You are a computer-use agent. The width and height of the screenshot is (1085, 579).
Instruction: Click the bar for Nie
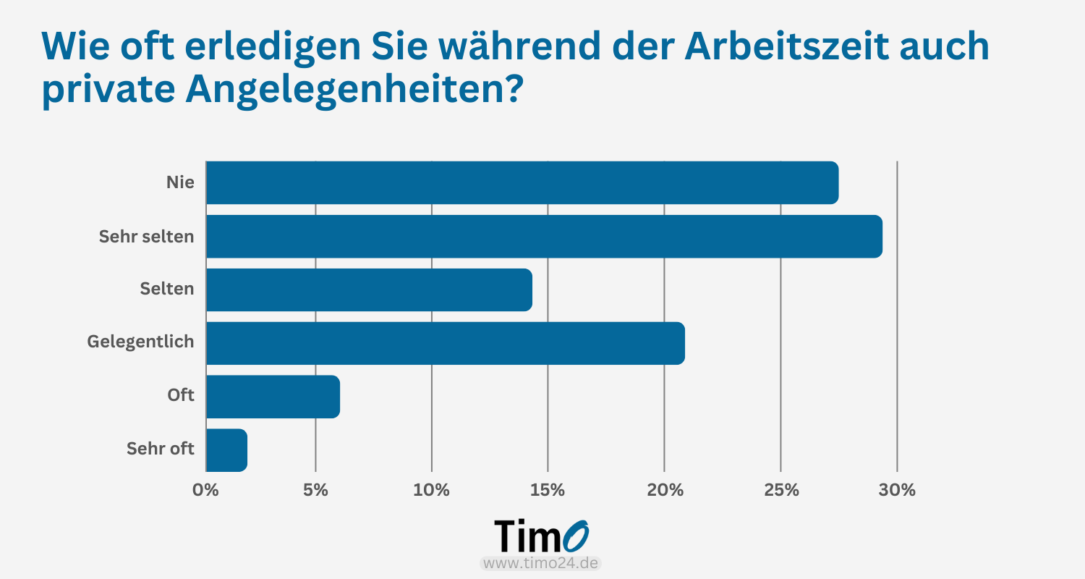pyautogui.click(x=522, y=182)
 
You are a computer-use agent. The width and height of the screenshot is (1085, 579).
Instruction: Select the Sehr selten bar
pyautogui.click(x=544, y=236)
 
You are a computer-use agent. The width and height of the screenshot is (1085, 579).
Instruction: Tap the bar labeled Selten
pyautogui.click(x=369, y=289)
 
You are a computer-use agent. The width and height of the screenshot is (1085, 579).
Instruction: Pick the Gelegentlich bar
pyautogui.click(x=445, y=343)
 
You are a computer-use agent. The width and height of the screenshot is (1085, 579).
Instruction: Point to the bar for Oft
pyautogui.click(x=273, y=397)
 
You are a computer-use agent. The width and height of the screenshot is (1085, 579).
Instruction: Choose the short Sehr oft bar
pyautogui.click(x=226, y=450)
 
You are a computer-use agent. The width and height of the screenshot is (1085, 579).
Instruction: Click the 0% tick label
pyautogui.click(x=205, y=490)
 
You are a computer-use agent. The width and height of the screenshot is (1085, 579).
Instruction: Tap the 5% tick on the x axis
pyautogui.click(x=315, y=490)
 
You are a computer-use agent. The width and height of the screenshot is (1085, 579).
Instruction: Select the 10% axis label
pyautogui.click(x=432, y=490)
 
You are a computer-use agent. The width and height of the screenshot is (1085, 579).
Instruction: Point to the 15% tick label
pyautogui.click(x=548, y=490)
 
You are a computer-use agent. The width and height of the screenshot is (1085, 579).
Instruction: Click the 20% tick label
pyautogui.click(x=665, y=490)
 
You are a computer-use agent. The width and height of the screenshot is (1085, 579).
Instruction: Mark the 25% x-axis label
pyautogui.click(x=781, y=490)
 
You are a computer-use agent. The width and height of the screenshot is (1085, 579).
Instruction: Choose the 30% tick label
pyautogui.click(x=897, y=490)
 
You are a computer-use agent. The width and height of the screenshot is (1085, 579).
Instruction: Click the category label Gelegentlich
pyautogui.click(x=140, y=342)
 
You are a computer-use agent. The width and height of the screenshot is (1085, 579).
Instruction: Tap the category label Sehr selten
pyautogui.click(x=146, y=236)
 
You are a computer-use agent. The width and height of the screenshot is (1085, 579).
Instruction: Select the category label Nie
pyautogui.click(x=180, y=182)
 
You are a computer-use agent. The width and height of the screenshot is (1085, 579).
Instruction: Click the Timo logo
pyautogui.click(x=542, y=536)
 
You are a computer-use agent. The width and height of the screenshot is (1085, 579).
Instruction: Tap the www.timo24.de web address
pyautogui.click(x=541, y=563)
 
